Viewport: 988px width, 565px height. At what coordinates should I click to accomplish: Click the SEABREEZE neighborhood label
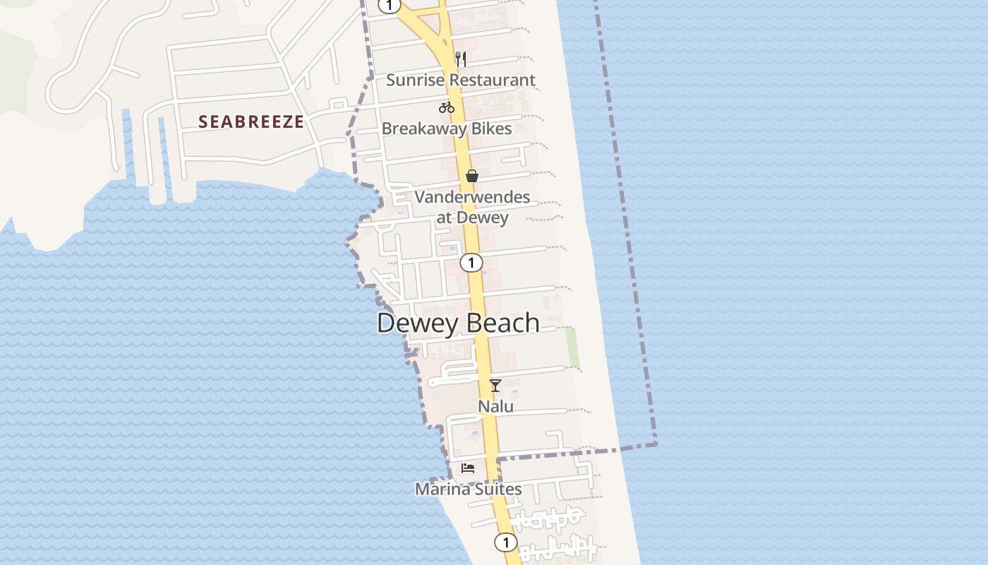tap(251, 121)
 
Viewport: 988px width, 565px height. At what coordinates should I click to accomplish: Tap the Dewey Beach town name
tap(458, 323)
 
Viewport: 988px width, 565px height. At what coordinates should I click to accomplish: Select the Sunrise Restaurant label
tap(461, 80)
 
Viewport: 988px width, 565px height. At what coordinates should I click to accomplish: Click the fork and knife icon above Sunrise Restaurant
tap(461, 59)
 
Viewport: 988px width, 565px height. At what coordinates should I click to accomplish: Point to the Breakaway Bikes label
tap(447, 129)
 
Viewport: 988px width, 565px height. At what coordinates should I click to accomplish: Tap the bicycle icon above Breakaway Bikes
tap(447, 107)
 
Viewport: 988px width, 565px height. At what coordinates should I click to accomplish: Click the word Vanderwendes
tap(472, 197)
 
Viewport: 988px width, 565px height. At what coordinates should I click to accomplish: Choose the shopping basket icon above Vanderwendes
tap(472, 176)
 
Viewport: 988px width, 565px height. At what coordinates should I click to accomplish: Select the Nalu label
tap(496, 407)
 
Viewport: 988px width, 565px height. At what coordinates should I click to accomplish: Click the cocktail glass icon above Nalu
tap(495, 385)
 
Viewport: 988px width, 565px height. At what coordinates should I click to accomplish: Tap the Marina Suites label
tap(469, 489)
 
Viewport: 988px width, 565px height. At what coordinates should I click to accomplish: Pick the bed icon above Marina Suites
tap(468, 468)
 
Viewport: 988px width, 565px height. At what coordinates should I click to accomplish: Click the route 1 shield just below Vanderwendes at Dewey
tap(471, 263)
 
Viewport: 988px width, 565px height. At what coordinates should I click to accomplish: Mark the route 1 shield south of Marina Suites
tap(505, 542)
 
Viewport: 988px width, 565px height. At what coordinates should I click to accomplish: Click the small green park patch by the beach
tap(573, 348)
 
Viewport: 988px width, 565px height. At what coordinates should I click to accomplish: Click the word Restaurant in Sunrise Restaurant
tap(493, 80)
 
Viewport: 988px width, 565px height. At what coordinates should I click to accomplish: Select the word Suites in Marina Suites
tap(498, 489)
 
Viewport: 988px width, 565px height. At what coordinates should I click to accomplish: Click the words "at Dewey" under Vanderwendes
tap(472, 217)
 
